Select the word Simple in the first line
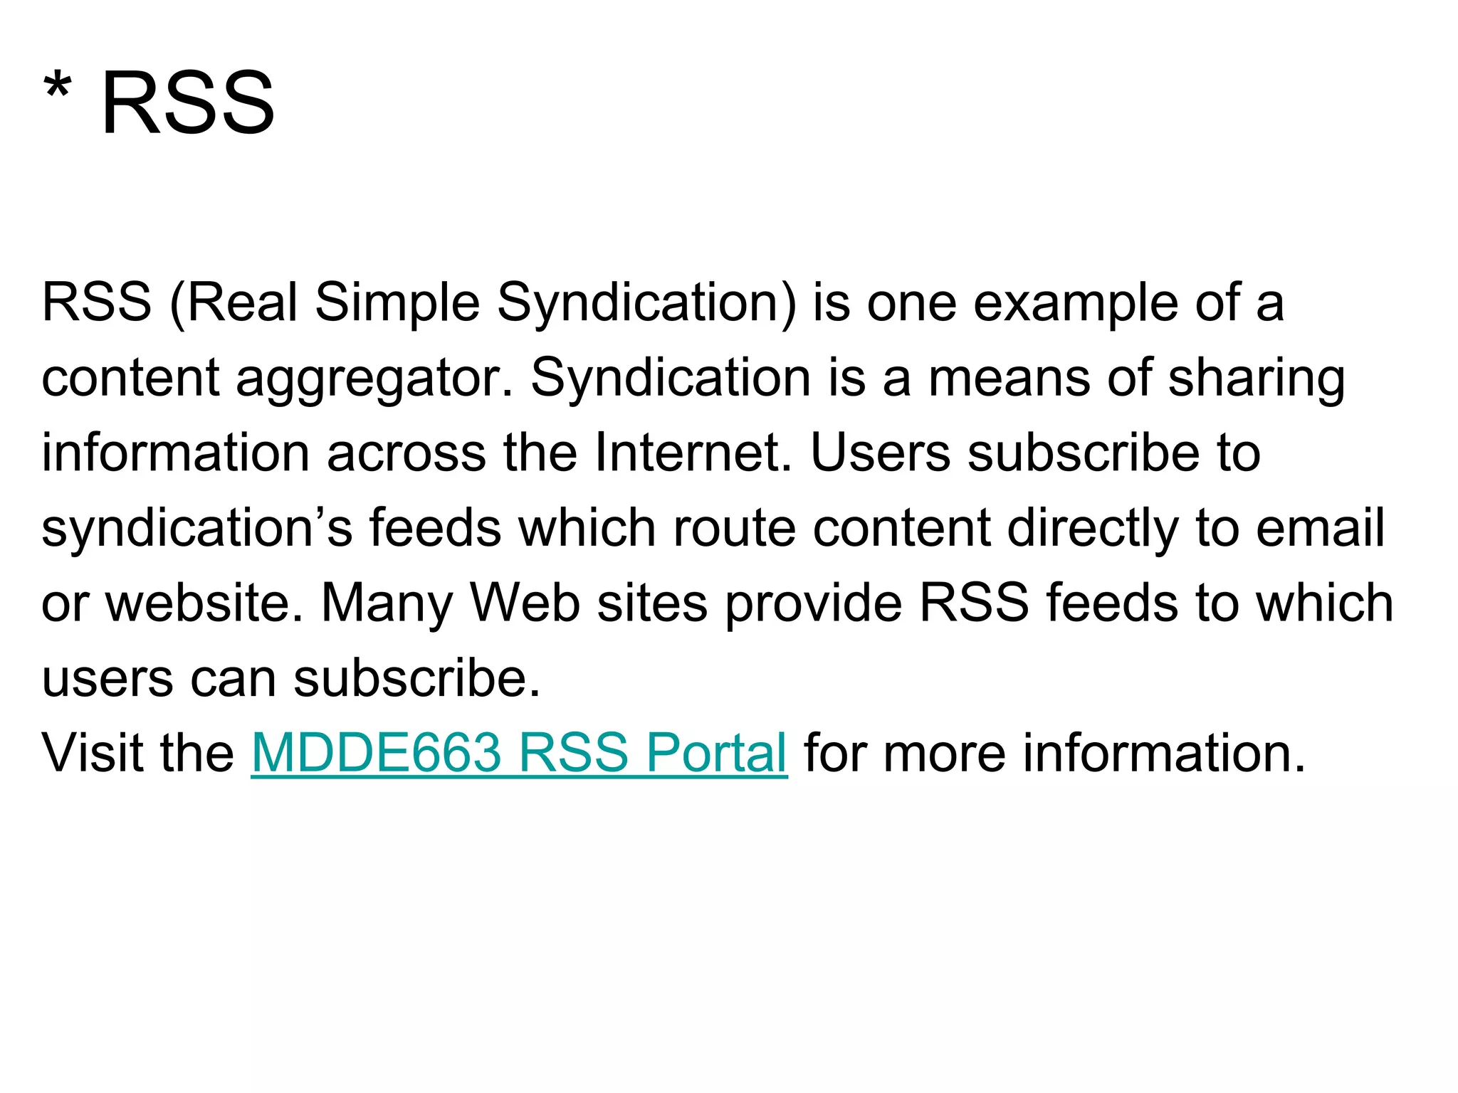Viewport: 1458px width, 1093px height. point(397,304)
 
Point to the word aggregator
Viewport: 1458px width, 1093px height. point(374,379)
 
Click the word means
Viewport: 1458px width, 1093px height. point(1009,378)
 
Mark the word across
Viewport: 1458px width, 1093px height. point(407,453)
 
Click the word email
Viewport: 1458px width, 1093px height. point(1321,529)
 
